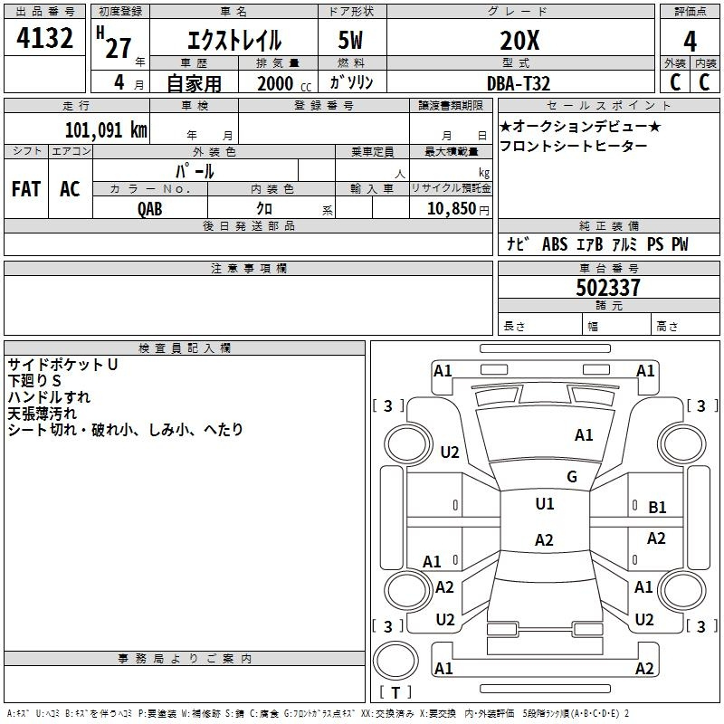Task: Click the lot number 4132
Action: point(45,40)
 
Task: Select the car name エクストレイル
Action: point(233,40)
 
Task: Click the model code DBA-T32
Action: point(519,83)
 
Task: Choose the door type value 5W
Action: point(352,40)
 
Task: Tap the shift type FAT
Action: point(26,188)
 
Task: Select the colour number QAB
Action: point(150,209)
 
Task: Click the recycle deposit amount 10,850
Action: point(450,209)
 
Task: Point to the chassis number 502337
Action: point(608,288)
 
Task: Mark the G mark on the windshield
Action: point(572,477)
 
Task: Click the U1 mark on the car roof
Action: point(544,504)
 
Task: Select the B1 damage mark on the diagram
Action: point(658,508)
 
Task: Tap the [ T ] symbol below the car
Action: point(395,692)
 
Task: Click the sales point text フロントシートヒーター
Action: point(574,146)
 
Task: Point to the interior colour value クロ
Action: point(265,209)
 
